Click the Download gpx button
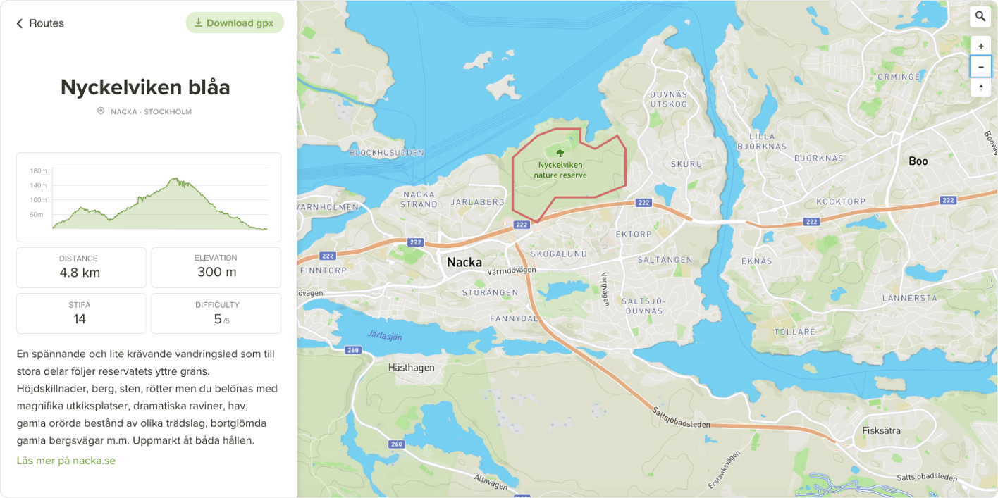coord(235,23)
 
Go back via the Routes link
coord(40,23)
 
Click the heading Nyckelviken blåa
coord(145,87)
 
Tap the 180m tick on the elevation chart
coord(38,171)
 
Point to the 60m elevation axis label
coord(37,214)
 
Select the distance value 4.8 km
coord(80,273)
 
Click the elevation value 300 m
coord(216,272)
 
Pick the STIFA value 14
coord(80,319)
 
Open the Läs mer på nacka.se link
coord(66,461)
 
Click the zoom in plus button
coord(980,46)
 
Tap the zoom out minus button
coord(980,67)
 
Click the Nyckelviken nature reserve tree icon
coord(560,153)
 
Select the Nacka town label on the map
coord(464,263)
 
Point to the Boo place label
coord(918,161)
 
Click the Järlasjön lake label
coord(385,336)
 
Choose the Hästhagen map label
coord(412,368)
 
